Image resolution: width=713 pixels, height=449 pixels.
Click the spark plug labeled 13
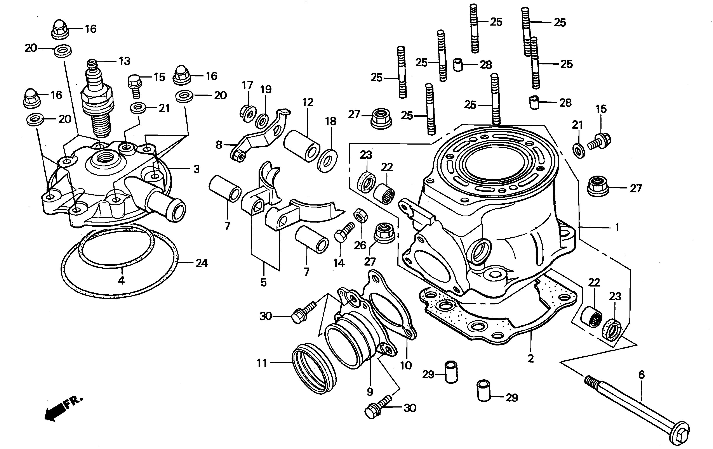pyautogui.click(x=98, y=101)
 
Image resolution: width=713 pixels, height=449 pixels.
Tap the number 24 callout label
pyautogui.click(x=202, y=263)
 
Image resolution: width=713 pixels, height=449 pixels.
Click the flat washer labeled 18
pyautogui.click(x=327, y=161)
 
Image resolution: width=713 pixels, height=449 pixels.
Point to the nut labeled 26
pyautogui.click(x=361, y=215)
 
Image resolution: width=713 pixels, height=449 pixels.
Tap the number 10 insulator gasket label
pyautogui.click(x=406, y=366)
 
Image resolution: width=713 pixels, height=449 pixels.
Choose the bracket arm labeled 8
pyautogui.click(x=261, y=136)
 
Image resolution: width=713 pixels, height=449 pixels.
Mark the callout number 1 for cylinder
pyautogui.click(x=617, y=227)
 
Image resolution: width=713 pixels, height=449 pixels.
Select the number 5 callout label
pyautogui.click(x=263, y=282)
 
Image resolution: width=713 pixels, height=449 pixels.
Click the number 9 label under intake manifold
pyautogui.click(x=370, y=392)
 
